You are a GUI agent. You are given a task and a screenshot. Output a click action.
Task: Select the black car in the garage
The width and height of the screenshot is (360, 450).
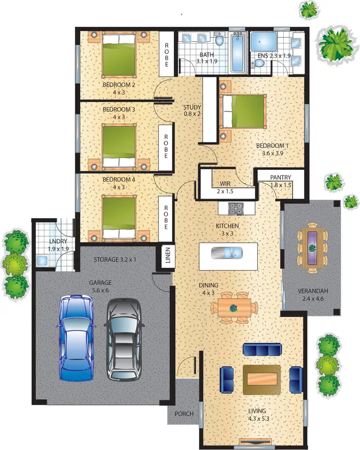123,339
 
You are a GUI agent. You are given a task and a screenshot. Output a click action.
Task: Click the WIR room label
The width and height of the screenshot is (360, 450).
226,184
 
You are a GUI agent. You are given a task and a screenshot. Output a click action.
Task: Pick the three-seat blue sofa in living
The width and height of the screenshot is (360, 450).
262,350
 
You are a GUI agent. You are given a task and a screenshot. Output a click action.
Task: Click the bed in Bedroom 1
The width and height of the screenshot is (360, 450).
244,111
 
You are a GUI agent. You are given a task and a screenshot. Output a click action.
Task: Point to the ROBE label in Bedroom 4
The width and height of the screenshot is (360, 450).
166,218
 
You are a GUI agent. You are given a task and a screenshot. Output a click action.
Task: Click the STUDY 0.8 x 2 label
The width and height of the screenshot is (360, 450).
192,110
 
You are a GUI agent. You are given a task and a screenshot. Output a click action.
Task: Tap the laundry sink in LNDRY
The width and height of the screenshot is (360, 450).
42,260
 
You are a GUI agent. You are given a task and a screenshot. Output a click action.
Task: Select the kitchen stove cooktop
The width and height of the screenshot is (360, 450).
235,208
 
